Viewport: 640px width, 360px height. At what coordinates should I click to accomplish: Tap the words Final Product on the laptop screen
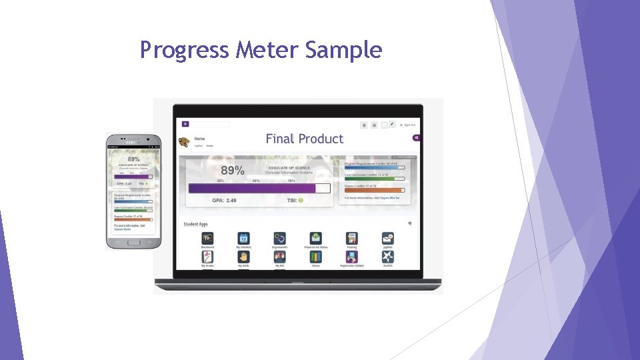305,139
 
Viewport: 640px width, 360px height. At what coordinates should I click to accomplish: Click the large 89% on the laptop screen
233,171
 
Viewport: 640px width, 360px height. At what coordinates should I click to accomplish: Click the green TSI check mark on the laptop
301,200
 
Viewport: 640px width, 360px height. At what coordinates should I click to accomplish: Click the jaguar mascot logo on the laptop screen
183,142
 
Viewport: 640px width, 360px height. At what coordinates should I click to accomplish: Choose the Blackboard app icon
207,238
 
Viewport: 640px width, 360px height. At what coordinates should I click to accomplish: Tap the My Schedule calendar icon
243,238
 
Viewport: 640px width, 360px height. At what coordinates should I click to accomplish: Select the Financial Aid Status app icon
315,238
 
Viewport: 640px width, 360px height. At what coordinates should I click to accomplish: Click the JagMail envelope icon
387,238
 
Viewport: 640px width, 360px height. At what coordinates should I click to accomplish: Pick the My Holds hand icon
243,257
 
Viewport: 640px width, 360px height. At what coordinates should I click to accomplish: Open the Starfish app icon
387,257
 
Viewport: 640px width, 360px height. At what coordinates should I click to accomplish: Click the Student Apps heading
195,224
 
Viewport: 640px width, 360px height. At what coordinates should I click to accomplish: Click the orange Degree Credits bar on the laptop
374,190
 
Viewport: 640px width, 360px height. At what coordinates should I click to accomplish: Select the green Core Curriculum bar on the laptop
374,179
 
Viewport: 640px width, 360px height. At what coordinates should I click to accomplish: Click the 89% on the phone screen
133,159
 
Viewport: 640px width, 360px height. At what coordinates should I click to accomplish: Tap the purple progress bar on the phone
133,177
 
